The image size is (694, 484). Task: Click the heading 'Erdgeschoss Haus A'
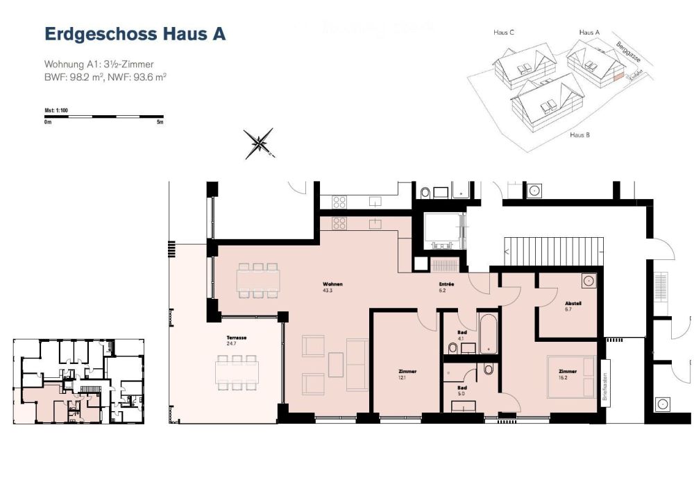click(135, 35)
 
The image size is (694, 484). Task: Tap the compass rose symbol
click(259, 144)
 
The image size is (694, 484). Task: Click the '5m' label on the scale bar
click(160, 122)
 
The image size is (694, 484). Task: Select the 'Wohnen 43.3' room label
click(332, 287)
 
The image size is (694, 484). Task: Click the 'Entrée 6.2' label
click(446, 287)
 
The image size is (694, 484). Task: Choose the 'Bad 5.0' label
click(462, 390)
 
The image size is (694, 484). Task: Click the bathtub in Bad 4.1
click(488, 332)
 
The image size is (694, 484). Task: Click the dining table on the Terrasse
click(237, 371)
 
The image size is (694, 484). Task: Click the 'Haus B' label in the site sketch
click(579, 135)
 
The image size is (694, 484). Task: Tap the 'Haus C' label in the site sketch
click(502, 33)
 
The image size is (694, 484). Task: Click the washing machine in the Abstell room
click(589, 281)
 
